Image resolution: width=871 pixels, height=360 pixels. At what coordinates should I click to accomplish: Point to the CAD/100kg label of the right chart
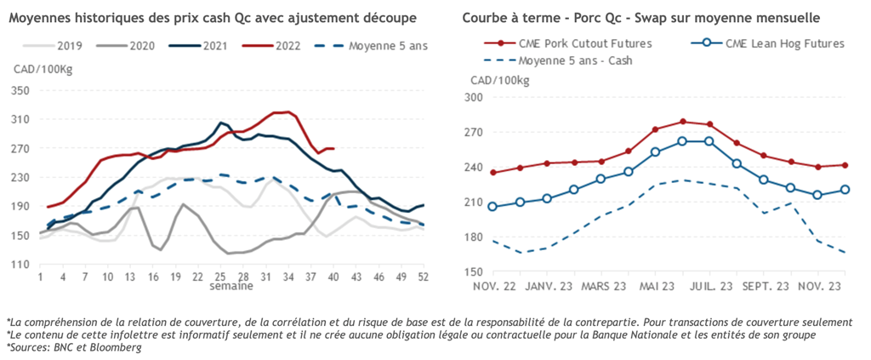pyautogui.click(x=498, y=80)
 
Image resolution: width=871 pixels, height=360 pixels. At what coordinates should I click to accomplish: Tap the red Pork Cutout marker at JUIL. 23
pyautogui.click(x=709, y=125)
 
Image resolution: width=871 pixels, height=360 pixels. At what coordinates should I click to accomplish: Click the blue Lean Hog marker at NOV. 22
pyautogui.click(x=492, y=206)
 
